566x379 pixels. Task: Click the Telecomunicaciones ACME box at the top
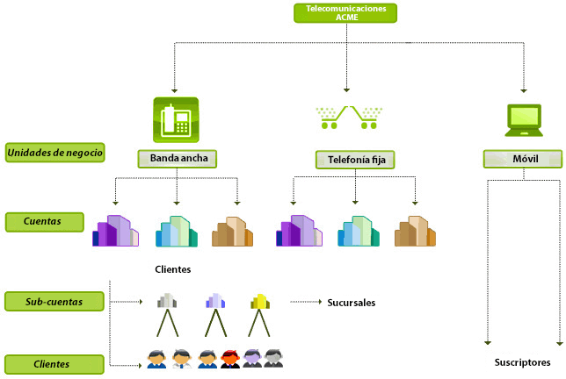pos(346,13)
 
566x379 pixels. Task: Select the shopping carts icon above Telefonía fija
pos(348,118)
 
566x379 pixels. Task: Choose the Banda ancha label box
pos(177,159)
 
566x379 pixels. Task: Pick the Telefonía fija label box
pos(355,160)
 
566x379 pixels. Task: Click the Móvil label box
pos(523,159)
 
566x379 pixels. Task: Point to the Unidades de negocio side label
pos(54,153)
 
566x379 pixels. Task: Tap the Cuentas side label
pos(44,222)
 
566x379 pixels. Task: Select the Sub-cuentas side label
pos(54,302)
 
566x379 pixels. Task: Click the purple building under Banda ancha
pos(115,231)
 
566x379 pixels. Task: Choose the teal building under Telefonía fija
pos(359,232)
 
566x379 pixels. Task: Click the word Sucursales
pos(351,303)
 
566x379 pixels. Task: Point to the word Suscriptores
pos(522,362)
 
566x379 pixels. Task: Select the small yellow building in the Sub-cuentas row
pos(258,301)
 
